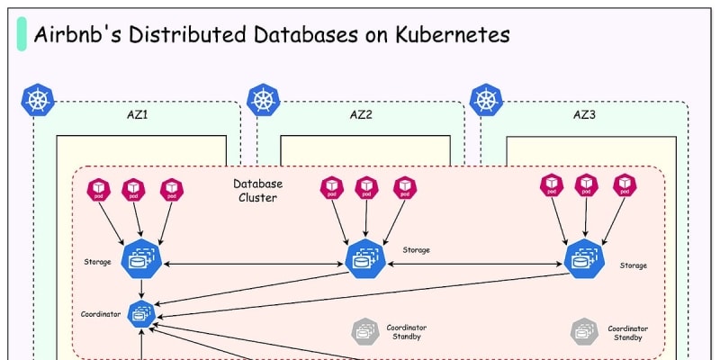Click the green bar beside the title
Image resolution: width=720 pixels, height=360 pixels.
coord(22,34)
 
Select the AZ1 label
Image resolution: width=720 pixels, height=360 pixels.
coord(137,115)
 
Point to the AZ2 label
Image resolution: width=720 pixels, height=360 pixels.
coord(361,115)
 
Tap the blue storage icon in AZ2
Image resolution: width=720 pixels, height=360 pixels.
coord(365,260)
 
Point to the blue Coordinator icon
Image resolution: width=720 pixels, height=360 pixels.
coord(141,313)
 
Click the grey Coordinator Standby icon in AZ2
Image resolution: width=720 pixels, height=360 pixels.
coord(364,331)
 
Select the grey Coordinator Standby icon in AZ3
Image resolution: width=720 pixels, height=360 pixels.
coord(584,331)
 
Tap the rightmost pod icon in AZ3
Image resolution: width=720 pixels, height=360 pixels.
coord(624,185)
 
